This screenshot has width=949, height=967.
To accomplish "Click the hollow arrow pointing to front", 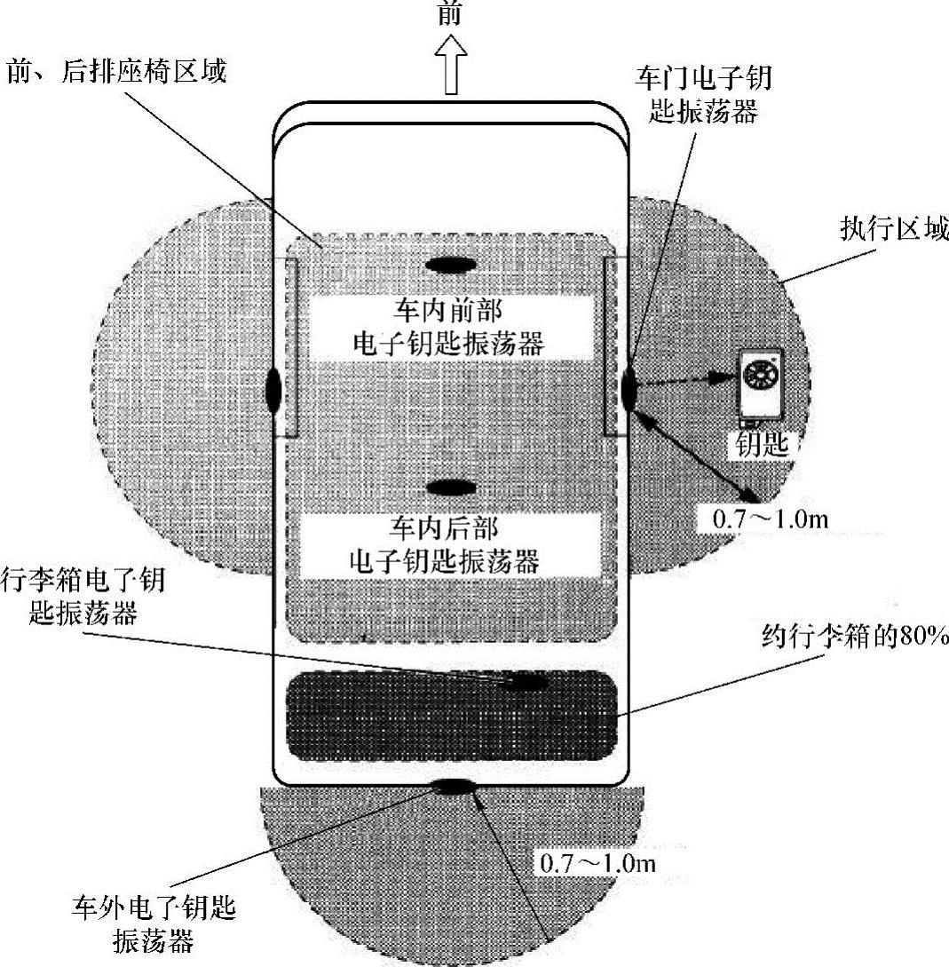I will [451, 67].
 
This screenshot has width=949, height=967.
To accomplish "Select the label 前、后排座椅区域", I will [116, 70].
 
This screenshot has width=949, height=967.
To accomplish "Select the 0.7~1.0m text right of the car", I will [770, 519].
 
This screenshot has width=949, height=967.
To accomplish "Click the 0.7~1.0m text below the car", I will [597, 862].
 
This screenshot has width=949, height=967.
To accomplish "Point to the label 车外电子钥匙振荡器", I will [154, 923].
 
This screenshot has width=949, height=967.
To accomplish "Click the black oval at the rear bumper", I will [454, 785].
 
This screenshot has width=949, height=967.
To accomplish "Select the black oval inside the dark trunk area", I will [526, 682].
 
